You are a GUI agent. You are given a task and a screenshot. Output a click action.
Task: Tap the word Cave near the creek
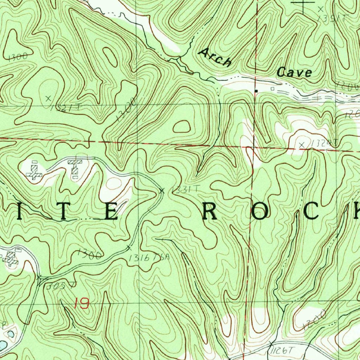[294, 72]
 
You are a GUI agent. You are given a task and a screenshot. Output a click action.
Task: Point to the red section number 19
[82, 303]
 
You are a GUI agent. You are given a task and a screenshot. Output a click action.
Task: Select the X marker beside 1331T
[162, 191]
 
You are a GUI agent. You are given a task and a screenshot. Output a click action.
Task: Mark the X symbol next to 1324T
[301, 144]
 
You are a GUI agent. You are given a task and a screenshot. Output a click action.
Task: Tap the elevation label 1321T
[64, 108]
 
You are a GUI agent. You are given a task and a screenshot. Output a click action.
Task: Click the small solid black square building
[256, 91]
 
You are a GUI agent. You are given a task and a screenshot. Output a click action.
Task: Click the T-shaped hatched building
[75, 167]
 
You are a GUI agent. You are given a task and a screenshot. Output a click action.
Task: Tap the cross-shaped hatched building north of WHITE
[34, 170]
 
